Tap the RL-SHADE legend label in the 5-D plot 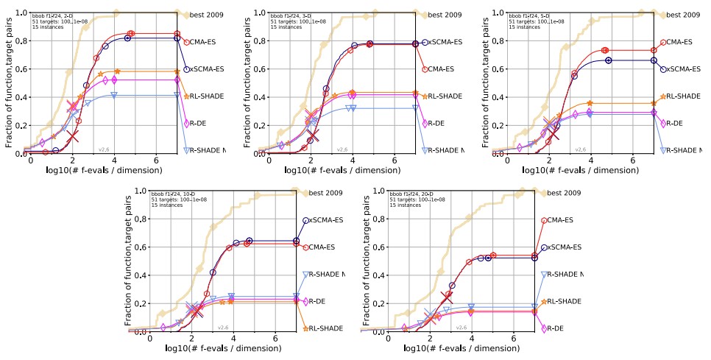pyautogui.click(x=685, y=96)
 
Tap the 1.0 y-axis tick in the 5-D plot pyautogui.click(x=498, y=13)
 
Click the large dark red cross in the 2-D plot pyautogui.click(x=71, y=136)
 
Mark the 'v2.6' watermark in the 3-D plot pyautogui.click(x=342, y=149)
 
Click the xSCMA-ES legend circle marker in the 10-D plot pyautogui.click(x=306, y=220)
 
